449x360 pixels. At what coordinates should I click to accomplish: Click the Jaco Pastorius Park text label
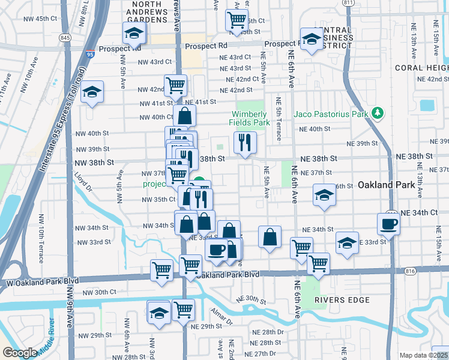pyautogui.click(x=331, y=114)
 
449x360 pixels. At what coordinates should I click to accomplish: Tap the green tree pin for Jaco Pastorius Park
pyautogui.click(x=378, y=113)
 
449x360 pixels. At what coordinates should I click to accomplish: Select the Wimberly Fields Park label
pyautogui.click(x=249, y=118)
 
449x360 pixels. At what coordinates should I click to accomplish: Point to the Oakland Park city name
pyautogui.click(x=387, y=185)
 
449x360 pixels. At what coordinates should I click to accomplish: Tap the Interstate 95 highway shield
pyautogui.click(x=89, y=53)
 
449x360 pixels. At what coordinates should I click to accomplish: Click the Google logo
pyautogui.click(x=20, y=353)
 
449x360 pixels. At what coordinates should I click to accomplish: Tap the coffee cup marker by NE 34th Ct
pyautogui.click(x=388, y=224)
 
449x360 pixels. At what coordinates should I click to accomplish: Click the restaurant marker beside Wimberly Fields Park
pyautogui.click(x=245, y=142)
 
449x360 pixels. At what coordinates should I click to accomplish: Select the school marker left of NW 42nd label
pyautogui.click(x=92, y=93)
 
